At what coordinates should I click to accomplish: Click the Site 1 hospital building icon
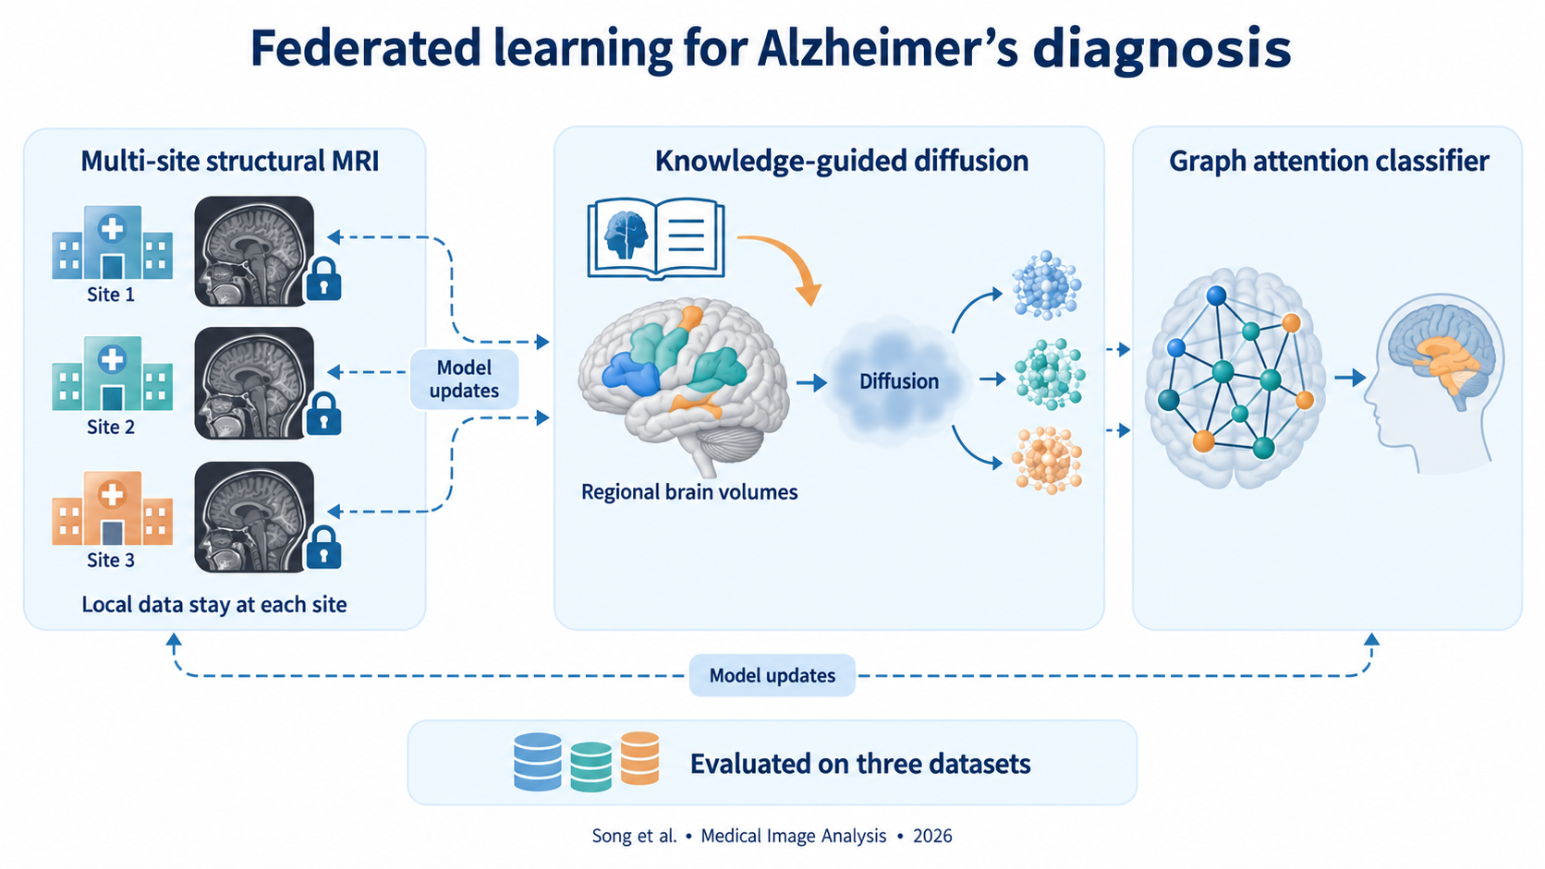(113, 243)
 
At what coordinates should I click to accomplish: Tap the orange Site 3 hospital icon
(113, 509)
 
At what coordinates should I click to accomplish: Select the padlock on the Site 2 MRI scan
(323, 414)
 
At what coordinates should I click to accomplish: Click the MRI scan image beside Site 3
(254, 517)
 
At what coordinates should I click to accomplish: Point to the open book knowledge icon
(656, 238)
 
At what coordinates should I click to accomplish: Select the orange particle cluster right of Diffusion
(1047, 460)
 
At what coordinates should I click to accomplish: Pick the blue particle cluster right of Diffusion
(1046, 285)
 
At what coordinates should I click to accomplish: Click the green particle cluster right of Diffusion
(1050, 374)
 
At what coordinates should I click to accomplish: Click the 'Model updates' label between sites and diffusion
(464, 379)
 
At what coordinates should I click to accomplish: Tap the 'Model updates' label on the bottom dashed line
(772, 675)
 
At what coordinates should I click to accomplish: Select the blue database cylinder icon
(537, 762)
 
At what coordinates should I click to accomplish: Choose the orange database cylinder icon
(640, 758)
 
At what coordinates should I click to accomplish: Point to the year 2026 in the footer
(932, 836)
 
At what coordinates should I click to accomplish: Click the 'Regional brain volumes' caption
(689, 492)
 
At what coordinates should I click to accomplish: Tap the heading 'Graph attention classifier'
(1329, 162)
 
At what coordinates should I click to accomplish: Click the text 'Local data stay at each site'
(214, 604)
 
